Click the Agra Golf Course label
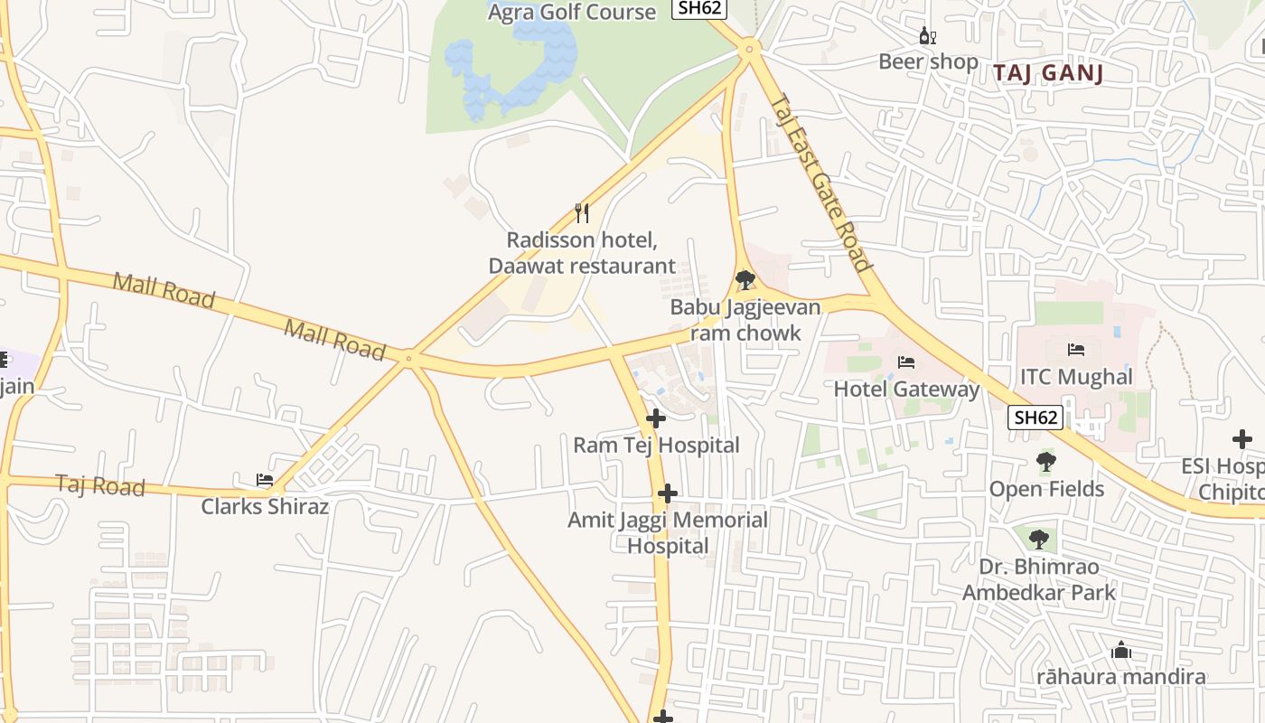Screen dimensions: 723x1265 coord(571,12)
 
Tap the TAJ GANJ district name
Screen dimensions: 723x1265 coord(1049,73)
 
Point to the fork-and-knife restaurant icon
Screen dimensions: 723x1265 coord(582,213)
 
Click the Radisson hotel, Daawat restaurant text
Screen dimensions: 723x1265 coord(581,253)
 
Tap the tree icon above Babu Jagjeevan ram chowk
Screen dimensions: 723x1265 coord(745,280)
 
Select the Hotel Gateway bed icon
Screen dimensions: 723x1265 coord(906,362)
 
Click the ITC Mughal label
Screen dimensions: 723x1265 coord(1075,377)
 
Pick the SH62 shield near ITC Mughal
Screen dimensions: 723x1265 coord(1035,418)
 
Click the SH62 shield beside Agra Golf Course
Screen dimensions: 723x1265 coord(699,8)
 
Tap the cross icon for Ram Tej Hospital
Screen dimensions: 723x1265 coord(656,418)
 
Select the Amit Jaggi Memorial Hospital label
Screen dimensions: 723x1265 coord(668,532)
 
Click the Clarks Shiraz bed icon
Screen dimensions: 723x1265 coord(265,480)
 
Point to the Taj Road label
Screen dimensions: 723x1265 coord(100,485)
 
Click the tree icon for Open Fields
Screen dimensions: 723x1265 coord(1045,462)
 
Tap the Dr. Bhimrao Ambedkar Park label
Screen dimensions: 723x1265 coord(1038,579)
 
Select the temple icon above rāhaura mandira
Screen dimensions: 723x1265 coord(1120,650)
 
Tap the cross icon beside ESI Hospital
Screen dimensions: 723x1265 coord(1242,440)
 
